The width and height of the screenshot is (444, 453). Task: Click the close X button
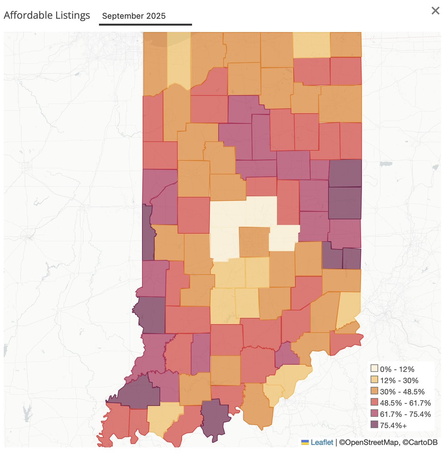coord(435,11)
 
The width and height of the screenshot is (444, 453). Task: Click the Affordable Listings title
coord(47,15)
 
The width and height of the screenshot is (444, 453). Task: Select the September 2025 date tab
coord(134,16)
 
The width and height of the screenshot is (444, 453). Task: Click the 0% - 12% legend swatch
coord(374,369)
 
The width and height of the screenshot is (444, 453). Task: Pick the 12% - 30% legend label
coord(399,381)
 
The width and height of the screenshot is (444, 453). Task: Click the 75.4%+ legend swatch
coord(374,425)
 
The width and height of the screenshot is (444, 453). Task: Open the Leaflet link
coord(322,442)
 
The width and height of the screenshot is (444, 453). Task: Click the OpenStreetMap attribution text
coord(369,442)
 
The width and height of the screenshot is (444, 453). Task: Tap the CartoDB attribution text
coord(419,442)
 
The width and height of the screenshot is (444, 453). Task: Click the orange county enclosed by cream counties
coord(254,242)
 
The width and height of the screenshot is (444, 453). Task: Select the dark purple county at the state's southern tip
coord(215,419)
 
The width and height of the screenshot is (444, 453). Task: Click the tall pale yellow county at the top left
coord(179,60)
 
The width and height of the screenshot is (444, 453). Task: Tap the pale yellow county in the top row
coord(311,45)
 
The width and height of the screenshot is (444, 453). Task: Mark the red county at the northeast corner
coord(346,71)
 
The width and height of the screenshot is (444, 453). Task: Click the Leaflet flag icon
coord(305,442)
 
